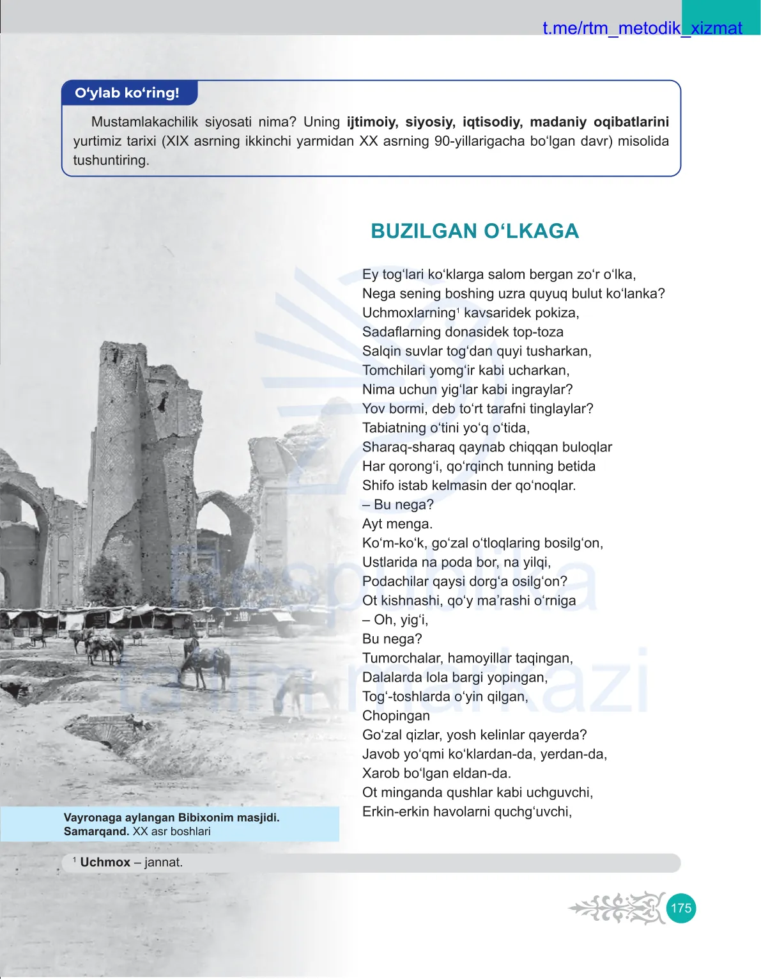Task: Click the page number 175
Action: (x=680, y=908)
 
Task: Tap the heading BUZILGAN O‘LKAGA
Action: (x=475, y=231)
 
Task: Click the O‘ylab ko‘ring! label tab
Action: (x=127, y=93)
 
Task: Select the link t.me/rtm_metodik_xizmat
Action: (x=642, y=28)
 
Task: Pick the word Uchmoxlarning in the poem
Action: (x=409, y=313)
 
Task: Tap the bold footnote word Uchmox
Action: (x=105, y=862)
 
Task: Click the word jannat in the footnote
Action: (x=164, y=862)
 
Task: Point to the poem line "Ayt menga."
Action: (x=397, y=524)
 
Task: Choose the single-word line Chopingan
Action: (x=396, y=716)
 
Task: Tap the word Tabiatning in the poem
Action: (x=394, y=428)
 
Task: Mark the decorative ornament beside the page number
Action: (x=617, y=908)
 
